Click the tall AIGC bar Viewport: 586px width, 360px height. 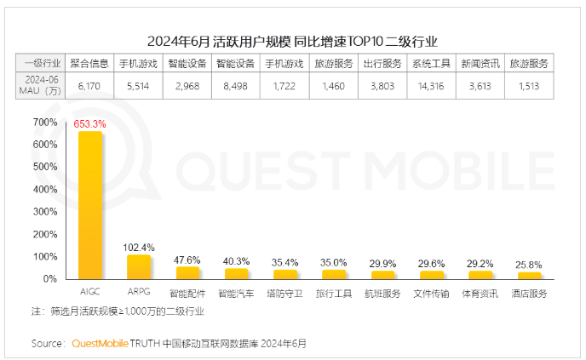tap(90, 204)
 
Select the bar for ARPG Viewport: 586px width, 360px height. tap(139, 266)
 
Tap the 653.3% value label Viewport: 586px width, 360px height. tap(90, 124)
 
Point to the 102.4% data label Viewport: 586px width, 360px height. tap(139, 248)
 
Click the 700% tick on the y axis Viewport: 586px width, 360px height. tap(45, 123)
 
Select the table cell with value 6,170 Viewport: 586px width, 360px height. tap(89, 86)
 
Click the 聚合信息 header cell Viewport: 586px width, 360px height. tap(89, 63)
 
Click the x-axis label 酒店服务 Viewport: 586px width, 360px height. tap(530, 294)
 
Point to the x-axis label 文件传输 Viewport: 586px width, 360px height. tap(432, 294)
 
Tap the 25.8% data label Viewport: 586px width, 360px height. tap(530, 265)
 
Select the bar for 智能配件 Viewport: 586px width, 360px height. tap(187, 272)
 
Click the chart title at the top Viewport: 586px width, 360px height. tap(292, 40)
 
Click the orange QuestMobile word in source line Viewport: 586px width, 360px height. tap(101, 344)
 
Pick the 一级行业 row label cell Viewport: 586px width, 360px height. tap(41, 63)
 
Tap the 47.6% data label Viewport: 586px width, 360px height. tap(187, 260)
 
